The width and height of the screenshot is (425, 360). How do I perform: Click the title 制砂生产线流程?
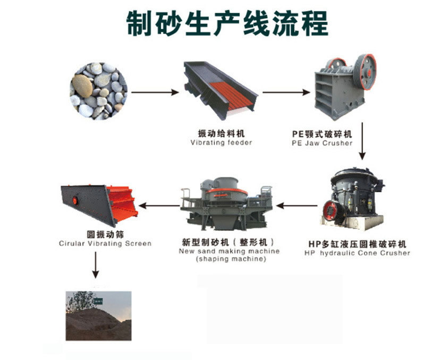click(x=227, y=23)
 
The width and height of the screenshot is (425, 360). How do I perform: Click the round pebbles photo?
click(x=98, y=91)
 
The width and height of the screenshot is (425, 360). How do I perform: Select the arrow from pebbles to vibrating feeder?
click(x=155, y=92)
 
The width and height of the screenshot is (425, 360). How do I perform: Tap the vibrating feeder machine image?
click(x=220, y=90)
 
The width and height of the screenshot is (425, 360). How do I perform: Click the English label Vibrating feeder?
click(x=221, y=142)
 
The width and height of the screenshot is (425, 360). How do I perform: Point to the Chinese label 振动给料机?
click(x=221, y=133)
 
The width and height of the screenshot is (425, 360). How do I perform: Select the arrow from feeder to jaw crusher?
click(x=286, y=92)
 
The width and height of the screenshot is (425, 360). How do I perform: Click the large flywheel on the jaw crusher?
click(x=365, y=72)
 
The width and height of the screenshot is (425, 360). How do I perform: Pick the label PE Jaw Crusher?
click(x=322, y=143)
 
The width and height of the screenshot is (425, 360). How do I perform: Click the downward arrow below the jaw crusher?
click(x=362, y=141)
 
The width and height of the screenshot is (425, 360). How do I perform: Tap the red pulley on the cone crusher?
click(x=330, y=211)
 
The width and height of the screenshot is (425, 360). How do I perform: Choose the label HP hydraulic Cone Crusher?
click(x=357, y=253)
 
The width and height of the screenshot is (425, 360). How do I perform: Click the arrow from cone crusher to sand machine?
click(x=297, y=205)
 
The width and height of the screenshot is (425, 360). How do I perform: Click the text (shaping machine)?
click(x=231, y=259)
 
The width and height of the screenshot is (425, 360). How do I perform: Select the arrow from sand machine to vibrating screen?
click(x=159, y=205)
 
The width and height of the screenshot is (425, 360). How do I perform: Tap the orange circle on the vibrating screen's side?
click(x=75, y=201)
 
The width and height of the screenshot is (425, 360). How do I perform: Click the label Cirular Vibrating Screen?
click(x=105, y=244)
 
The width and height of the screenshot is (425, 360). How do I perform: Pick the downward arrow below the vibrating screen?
click(x=96, y=265)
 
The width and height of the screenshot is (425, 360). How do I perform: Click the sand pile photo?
click(x=99, y=316)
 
